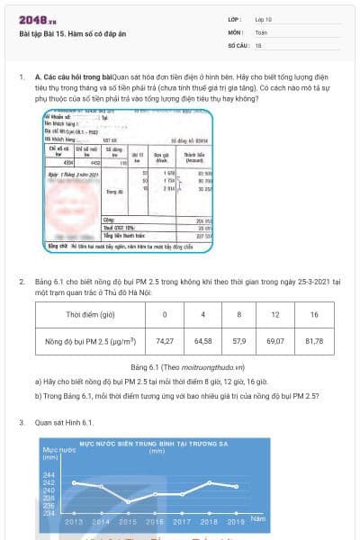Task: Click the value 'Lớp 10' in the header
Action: point(263,18)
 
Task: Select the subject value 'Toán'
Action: point(261,31)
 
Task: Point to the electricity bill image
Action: point(129,167)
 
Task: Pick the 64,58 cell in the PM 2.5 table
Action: point(203,342)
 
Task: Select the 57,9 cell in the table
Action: point(238,342)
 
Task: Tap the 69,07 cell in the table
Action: point(275,342)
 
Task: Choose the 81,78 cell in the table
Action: point(314,342)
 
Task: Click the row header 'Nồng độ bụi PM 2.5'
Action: point(90,342)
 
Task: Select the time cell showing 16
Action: point(314,315)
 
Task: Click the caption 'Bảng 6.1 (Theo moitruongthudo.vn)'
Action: point(179,367)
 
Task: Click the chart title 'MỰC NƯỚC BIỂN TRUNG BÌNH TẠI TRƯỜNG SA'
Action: point(147,445)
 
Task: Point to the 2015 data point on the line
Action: point(128,501)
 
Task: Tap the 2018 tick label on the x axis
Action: point(209,521)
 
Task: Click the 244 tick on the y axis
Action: point(49,475)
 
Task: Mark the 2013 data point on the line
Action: point(74,482)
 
